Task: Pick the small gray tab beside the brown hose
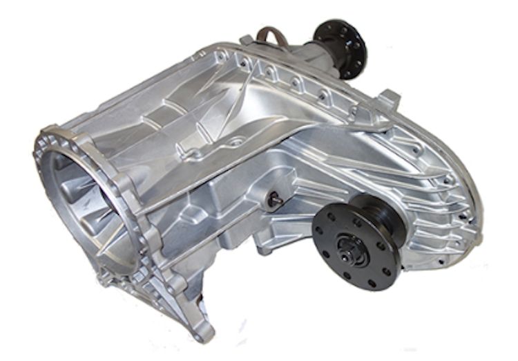pyautogui.click(x=247, y=40)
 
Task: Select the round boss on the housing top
pyautogui.click(x=239, y=141)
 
